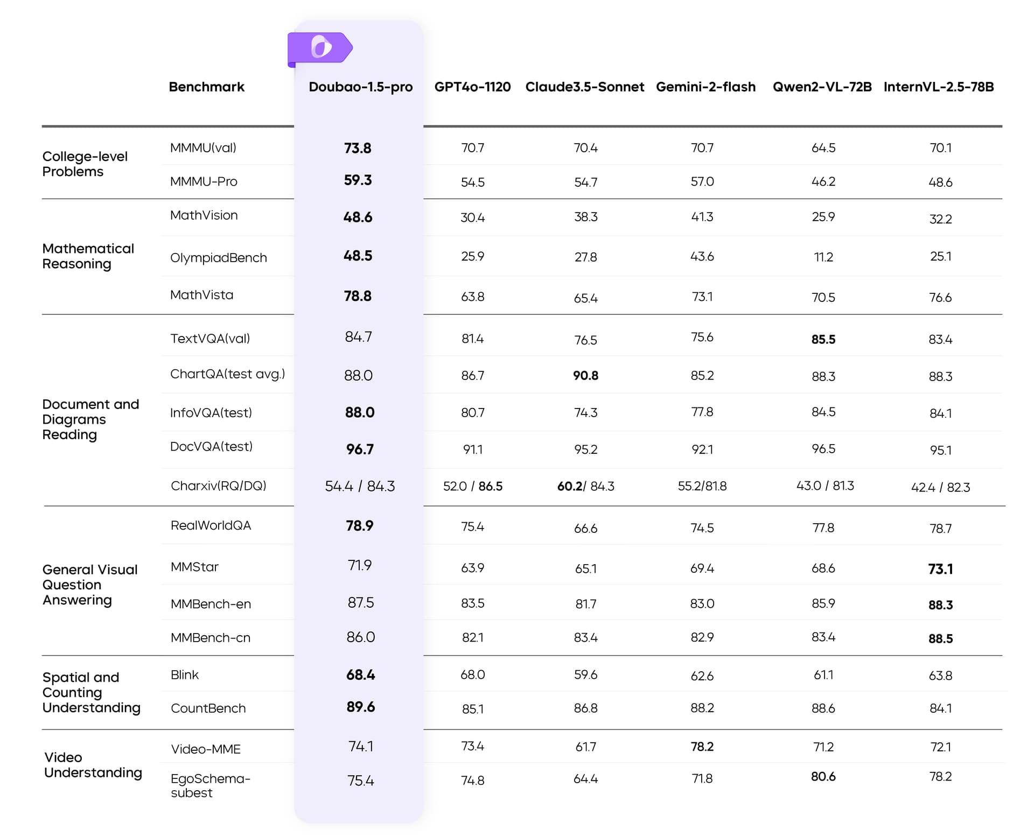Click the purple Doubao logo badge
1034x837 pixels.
(320, 48)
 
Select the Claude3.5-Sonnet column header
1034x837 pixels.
(584, 87)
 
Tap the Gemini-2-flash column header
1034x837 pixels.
(705, 87)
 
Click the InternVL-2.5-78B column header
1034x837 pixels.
(939, 87)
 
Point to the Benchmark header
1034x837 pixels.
(206, 87)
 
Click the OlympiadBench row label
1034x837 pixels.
(218, 258)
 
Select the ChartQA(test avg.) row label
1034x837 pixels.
(227, 374)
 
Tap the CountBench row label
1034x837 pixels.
(208, 708)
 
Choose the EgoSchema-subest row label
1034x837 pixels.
(210, 785)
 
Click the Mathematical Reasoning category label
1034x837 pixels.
(88, 256)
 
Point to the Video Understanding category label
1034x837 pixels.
(93, 765)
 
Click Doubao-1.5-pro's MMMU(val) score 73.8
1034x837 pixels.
(358, 148)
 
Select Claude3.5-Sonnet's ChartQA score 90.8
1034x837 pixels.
(585, 376)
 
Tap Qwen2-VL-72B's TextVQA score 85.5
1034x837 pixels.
(823, 340)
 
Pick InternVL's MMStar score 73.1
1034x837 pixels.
(940, 569)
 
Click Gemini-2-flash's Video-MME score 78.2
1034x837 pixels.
(702, 747)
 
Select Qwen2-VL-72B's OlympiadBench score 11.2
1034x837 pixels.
(823, 257)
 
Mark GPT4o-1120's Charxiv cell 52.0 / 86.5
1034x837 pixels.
(472, 487)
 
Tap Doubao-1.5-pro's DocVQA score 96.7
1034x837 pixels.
(359, 449)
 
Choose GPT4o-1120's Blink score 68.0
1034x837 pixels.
(472, 675)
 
